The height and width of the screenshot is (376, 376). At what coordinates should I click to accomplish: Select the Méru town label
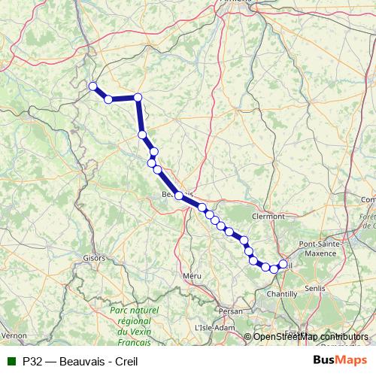(193, 277)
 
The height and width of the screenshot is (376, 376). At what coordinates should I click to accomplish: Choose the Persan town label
(232, 310)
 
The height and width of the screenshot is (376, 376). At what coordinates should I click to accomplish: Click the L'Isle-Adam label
(215, 328)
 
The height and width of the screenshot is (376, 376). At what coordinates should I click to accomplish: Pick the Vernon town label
(14, 334)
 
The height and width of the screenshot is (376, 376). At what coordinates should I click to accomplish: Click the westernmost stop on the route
(93, 86)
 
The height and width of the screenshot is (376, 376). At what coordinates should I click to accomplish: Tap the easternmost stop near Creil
(283, 264)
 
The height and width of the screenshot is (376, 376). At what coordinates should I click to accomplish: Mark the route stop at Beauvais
(179, 196)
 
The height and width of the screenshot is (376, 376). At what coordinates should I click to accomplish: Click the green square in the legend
(10, 360)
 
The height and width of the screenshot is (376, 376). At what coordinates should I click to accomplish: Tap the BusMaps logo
(340, 359)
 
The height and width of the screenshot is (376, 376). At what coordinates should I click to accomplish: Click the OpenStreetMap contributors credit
(311, 336)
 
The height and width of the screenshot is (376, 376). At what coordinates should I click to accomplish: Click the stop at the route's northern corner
(138, 97)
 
